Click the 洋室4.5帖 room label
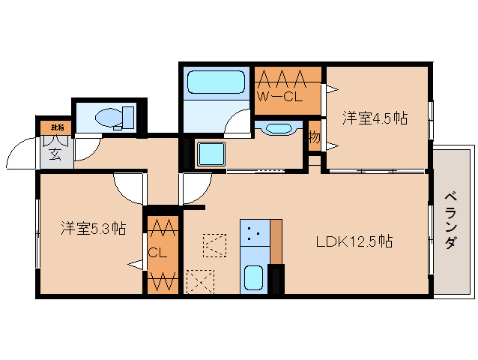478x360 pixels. click(x=375, y=118)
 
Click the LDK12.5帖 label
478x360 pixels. click(x=354, y=241)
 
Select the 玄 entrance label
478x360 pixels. click(x=55, y=155)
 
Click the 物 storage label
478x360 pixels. click(x=314, y=138)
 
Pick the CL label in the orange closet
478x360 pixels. click(x=157, y=253)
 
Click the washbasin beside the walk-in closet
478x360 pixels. click(x=279, y=128)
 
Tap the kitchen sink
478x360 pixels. click(x=253, y=279)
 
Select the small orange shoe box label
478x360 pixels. click(x=52, y=127)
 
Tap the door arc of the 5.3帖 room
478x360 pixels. click(x=129, y=187)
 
